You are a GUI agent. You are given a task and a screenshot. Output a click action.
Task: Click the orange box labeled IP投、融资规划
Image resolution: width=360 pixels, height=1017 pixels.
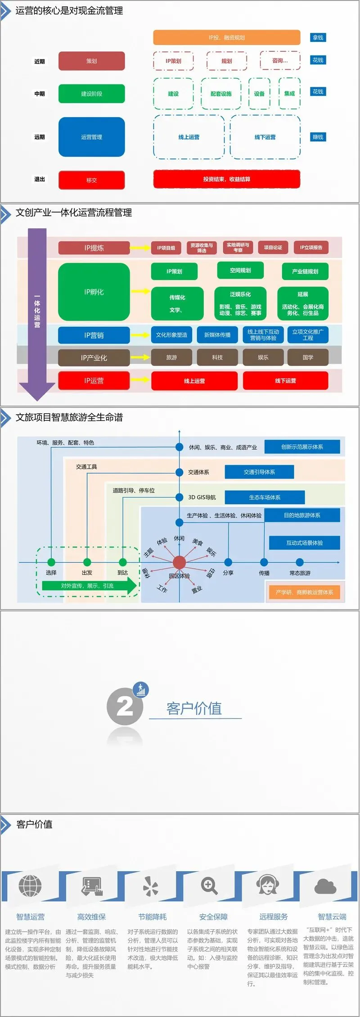tap(226, 37)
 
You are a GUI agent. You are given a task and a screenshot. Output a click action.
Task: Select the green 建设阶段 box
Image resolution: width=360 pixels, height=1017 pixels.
tap(91, 94)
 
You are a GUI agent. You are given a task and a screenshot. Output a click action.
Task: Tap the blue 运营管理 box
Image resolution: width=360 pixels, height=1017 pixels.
tap(91, 137)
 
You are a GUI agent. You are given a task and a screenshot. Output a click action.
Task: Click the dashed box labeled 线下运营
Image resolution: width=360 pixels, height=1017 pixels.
tap(265, 137)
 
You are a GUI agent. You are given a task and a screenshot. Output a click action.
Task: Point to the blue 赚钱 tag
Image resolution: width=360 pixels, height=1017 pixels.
tap(318, 137)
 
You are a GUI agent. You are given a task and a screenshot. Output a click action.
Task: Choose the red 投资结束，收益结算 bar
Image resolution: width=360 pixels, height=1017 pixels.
tap(226, 179)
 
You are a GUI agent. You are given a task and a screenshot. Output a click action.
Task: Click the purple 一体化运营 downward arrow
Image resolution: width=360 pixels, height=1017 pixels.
tap(37, 311)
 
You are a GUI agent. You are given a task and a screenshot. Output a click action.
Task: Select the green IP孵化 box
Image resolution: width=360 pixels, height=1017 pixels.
tap(94, 292)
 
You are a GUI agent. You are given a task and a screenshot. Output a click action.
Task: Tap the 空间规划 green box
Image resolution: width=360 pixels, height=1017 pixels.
tap(240, 271)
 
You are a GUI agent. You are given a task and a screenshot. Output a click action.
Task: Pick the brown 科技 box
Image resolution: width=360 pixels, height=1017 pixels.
tap(217, 357)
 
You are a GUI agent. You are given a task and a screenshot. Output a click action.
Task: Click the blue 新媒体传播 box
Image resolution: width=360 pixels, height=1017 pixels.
tap(217, 335)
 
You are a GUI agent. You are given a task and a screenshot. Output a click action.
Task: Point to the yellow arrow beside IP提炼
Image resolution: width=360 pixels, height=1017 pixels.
tap(140, 248)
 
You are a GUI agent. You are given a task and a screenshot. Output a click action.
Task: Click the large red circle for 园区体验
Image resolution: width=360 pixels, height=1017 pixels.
tap(179, 562)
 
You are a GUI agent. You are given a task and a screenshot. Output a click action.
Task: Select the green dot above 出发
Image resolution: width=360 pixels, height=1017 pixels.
tap(87, 562)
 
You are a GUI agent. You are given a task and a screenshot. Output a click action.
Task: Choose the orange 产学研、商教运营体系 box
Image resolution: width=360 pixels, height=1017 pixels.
tap(304, 592)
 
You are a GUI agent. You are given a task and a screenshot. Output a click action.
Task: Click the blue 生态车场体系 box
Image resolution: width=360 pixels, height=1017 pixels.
tap(265, 497)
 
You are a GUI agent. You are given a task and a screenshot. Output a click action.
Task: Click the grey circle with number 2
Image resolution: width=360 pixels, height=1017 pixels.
tap(125, 707)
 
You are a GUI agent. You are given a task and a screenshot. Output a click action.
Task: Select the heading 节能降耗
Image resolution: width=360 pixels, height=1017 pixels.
tap(152, 917)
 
